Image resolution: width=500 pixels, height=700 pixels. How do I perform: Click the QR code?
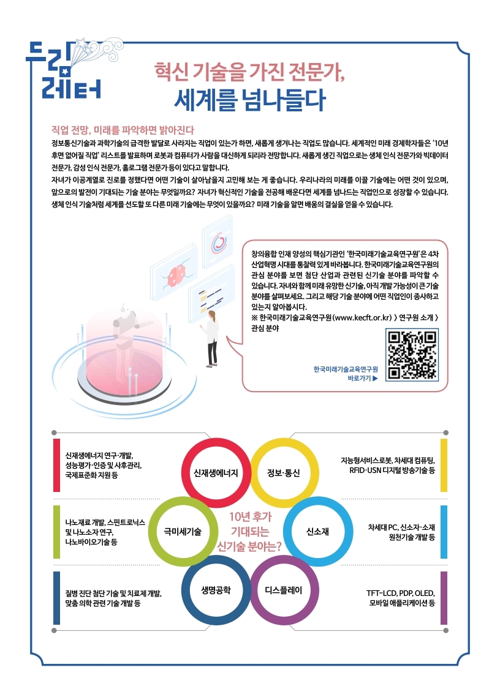412,355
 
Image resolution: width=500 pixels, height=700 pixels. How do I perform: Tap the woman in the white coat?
212,339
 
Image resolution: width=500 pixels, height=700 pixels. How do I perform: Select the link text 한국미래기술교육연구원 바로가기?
346,374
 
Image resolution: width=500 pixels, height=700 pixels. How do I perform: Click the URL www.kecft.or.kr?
363,318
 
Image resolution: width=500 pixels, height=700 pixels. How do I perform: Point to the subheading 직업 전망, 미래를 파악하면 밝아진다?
123,130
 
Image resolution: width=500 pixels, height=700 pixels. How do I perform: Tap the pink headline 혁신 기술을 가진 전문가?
249,72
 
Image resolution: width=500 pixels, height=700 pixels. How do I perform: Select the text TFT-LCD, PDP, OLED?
400,593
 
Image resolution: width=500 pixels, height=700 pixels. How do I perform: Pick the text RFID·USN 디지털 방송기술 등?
392,470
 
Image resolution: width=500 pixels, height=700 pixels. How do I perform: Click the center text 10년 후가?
250,516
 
